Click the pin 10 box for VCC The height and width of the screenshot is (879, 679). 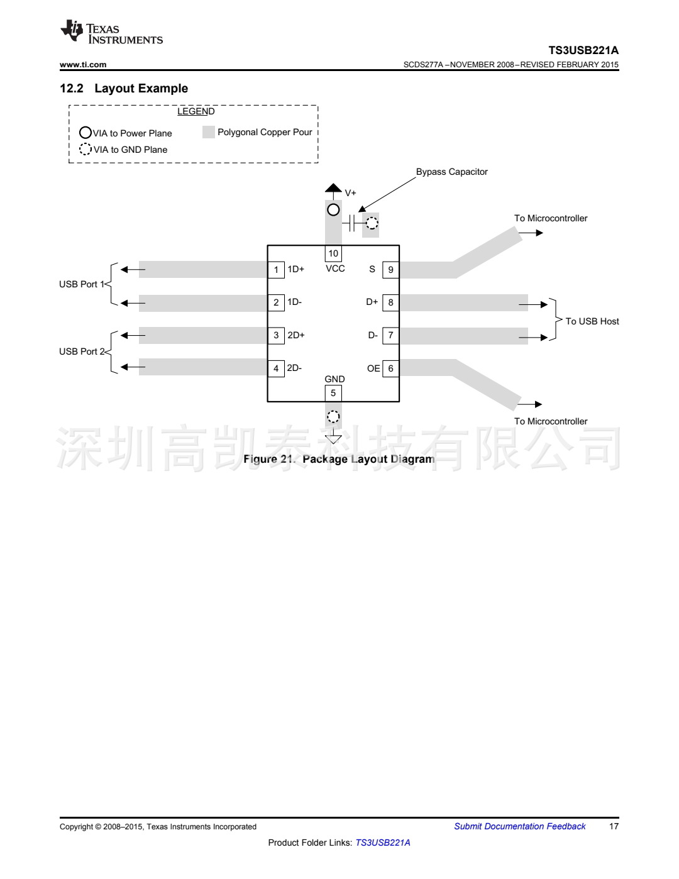tap(333, 253)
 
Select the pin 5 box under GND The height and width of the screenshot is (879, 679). tap(333, 393)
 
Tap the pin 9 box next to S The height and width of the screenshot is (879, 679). tap(390, 270)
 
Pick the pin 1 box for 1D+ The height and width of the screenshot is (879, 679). tap(276, 270)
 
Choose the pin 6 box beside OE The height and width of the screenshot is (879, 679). tap(390, 368)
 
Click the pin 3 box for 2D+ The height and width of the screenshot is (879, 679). tap(276, 335)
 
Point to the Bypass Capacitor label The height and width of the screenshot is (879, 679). tap(451, 172)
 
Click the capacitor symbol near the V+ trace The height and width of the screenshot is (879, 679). tap(353, 223)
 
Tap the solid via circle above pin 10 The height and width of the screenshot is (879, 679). tap(333, 209)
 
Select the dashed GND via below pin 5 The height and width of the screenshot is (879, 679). tap(333, 416)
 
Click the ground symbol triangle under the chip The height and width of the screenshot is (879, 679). tap(333, 438)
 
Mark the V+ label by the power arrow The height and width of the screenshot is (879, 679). tap(350, 193)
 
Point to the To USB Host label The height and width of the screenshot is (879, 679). tap(592, 321)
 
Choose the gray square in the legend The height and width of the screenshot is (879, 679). tap(209, 132)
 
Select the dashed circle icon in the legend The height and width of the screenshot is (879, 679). tap(86, 149)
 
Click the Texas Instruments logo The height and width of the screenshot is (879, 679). tap(111, 33)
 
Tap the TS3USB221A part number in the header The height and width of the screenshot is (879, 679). tap(583, 50)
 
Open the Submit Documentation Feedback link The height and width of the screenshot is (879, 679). tap(519, 826)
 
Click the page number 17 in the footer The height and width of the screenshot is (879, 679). tap(614, 826)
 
